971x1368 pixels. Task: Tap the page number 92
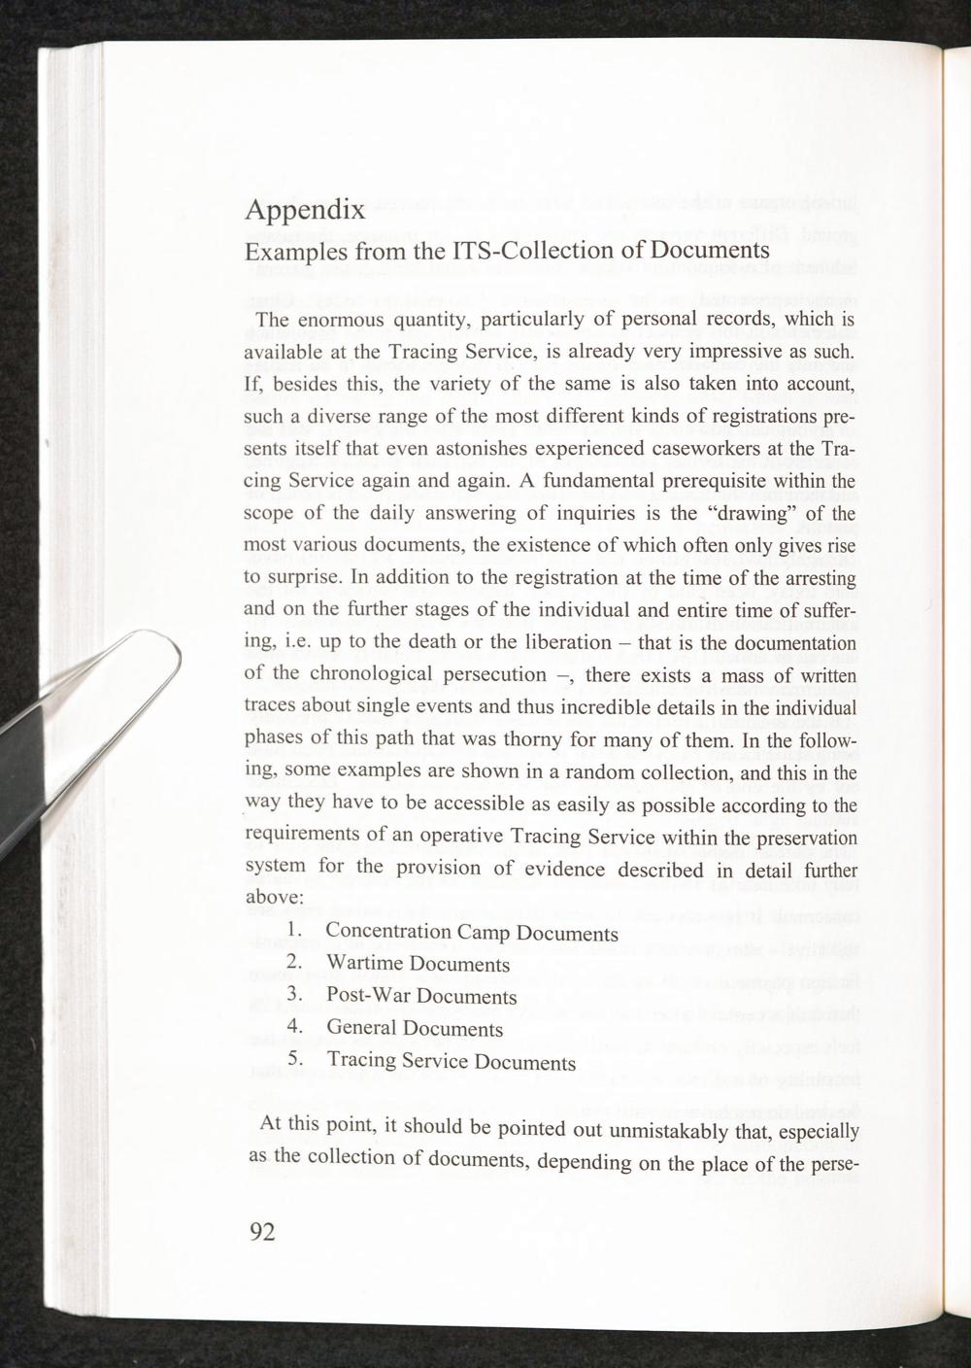(263, 1232)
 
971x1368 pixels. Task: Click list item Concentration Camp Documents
(471, 933)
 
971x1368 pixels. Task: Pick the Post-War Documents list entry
(421, 997)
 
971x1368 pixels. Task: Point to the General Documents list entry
(415, 1028)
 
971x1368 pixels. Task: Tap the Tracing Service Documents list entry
(451, 1061)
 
